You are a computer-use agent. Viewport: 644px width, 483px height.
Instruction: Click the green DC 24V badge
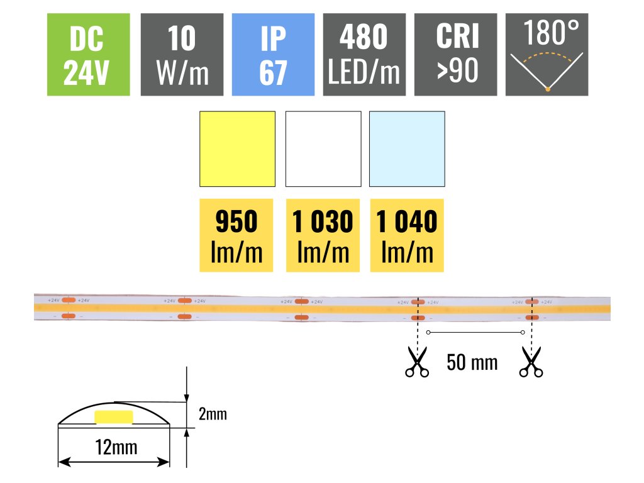click(x=89, y=55)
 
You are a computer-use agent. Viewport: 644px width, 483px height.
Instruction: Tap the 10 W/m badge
click(x=182, y=55)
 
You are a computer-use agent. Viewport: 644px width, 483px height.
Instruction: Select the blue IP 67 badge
click(x=273, y=55)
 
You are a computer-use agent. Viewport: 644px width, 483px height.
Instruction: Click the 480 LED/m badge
click(x=364, y=55)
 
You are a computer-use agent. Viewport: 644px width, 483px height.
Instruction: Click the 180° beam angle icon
click(x=547, y=55)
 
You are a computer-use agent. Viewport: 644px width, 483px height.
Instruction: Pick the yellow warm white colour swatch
click(x=237, y=149)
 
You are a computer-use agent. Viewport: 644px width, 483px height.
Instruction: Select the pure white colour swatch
click(x=323, y=149)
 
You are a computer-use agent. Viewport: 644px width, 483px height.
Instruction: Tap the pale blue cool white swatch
click(x=407, y=149)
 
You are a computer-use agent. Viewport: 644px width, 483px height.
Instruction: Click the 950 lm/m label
click(x=236, y=236)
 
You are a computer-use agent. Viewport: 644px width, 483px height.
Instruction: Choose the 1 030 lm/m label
click(x=323, y=236)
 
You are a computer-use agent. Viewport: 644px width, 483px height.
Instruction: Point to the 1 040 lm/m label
click(x=407, y=236)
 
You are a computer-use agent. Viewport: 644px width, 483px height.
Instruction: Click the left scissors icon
click(x=416, y=363)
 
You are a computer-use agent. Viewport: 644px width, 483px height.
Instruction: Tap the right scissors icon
click(x=531, y=363)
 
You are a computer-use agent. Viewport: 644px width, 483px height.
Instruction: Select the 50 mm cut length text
click(x=472, y=362)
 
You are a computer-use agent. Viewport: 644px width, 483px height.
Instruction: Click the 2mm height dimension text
click(x=212, y=414)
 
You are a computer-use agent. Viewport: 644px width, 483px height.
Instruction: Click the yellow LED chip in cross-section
click(x=114, y=417)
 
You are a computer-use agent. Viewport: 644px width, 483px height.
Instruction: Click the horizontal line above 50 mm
click(x=475, y=332)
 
